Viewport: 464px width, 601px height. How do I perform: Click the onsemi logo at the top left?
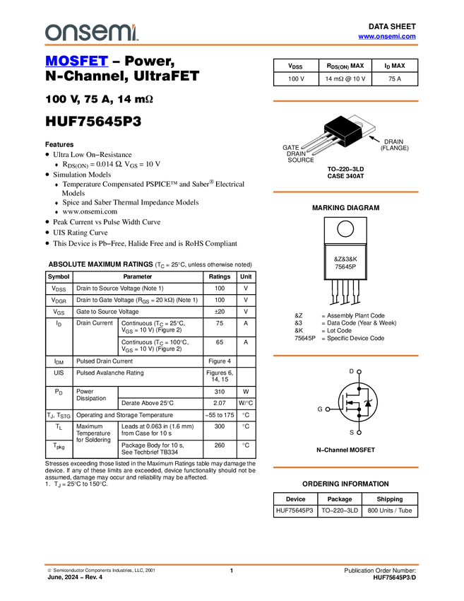[x=91, y=32]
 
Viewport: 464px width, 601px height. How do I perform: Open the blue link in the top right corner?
[x=387, y=36]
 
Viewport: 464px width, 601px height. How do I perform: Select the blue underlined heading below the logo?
[x=76, y=62]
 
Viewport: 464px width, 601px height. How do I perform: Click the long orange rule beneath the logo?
[x=232, y=45]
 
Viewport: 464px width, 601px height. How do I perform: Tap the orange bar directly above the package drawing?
[x=345, y=101]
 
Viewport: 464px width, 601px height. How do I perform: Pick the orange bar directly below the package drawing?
[x=345, y=192]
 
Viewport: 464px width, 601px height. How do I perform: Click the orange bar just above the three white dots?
[x=345, y=356]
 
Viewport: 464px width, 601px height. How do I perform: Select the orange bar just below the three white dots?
[x=345, y=467]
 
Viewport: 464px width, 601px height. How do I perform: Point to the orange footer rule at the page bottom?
[x=232, y=565]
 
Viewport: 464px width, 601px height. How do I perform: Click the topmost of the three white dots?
[x=359, y=371]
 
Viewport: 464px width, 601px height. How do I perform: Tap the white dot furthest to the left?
[x=328, y=409]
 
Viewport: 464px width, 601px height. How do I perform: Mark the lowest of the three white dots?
[x=359, y=432]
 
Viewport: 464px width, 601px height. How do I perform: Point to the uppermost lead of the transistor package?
[x=311, y=139]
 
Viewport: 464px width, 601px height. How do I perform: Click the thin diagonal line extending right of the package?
[x=353, y=132]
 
